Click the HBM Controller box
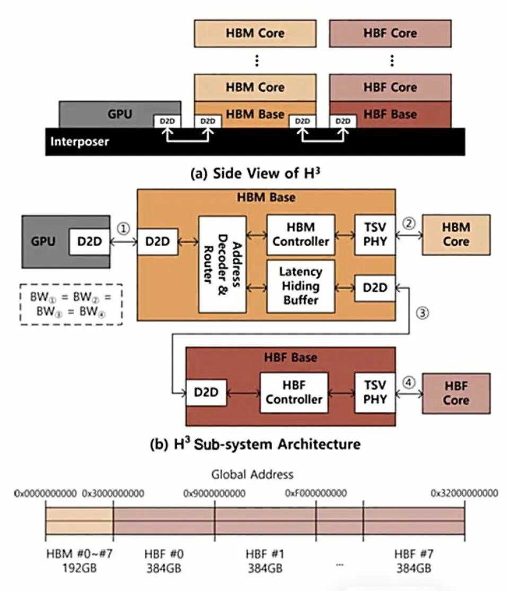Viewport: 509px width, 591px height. click(x=301, y=234)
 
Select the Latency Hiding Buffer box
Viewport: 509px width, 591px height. click(x=301, y=286)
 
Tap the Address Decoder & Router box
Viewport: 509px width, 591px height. click(x=222, y=264)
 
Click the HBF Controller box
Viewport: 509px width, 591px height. click(x=294, y=393)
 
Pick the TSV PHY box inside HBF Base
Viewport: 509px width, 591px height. click(x=375, y=393)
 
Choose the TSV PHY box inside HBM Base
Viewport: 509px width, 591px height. click(x=375, y=234)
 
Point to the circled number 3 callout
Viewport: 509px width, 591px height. click(x=423, y=313)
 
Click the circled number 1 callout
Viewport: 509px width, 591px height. click(x=124, y=229)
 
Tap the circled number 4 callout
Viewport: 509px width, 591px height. click(x=409, y=383)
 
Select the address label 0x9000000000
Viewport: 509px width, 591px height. click(x=214, y=493)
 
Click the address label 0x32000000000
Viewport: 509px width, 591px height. click(x=464, y=493)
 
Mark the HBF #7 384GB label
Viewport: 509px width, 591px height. click(x=414, y=561)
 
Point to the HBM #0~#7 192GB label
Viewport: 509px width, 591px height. click(x=80, y=561)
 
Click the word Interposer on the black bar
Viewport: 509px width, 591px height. click(x=80, y=142)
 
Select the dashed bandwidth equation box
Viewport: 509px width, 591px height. click(x=71, y=304)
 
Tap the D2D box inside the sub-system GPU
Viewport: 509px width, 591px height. click(x=89, y=241)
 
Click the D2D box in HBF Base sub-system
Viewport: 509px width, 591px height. click(x=206, y=393)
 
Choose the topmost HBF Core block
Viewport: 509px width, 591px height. click(x=390, y=33)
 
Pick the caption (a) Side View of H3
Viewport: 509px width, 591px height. click(x=256, y=173)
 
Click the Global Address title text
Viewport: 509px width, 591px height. click(x=252, y=474)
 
